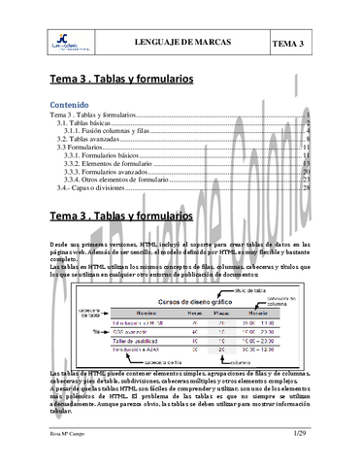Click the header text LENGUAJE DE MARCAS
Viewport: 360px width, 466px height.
179,43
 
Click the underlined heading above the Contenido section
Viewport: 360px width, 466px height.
122,78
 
